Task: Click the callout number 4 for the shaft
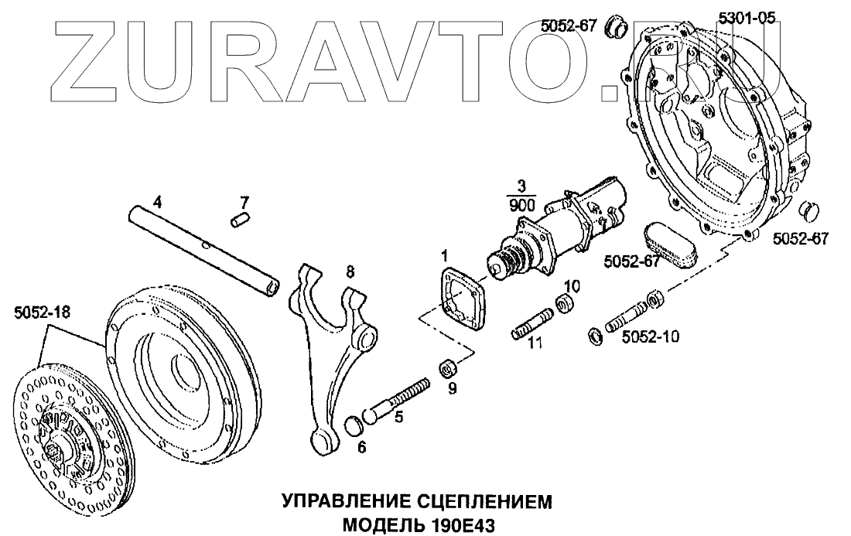click(x=157, y=203)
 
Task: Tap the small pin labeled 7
click(x=239, y=222)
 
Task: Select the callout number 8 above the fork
click(x=350, y=271)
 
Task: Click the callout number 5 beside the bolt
click(x=399, y=418)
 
